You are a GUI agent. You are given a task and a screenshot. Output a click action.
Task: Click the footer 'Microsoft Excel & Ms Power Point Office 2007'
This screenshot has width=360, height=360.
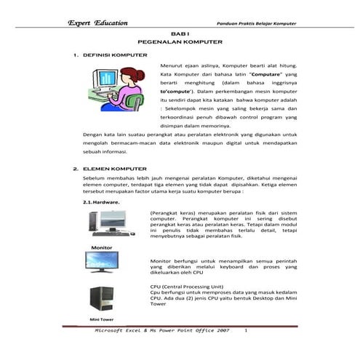pos(162,330)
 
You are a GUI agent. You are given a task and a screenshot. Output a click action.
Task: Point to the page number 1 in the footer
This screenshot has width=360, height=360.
pos(246,330)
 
